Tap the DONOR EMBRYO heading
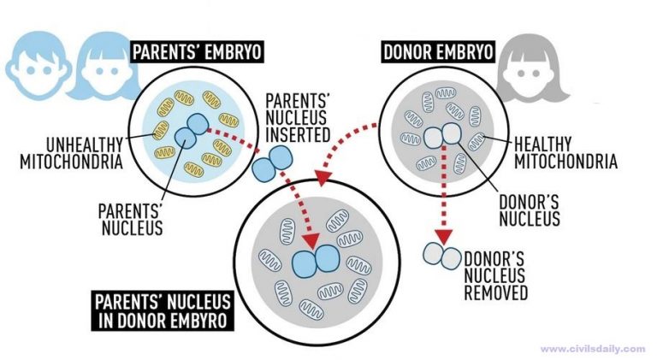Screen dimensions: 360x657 438,52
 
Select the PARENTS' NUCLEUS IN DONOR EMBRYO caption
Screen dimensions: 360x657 162,312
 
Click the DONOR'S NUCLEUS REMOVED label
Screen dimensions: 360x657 495,274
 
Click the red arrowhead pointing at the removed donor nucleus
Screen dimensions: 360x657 442,233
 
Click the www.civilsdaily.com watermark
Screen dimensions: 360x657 593,349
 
